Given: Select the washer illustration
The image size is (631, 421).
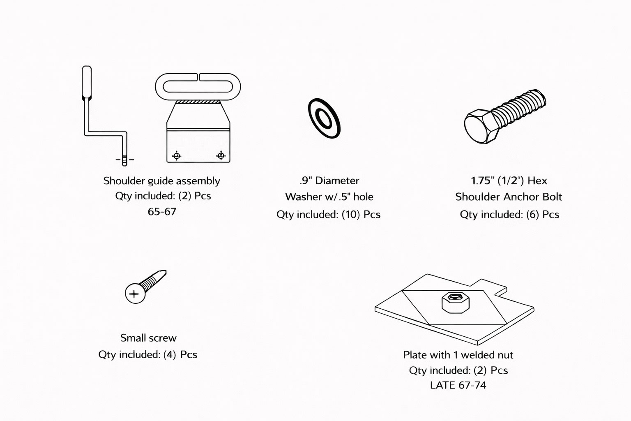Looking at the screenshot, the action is (x=324, y=118).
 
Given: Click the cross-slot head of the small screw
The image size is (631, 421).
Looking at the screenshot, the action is (x=135, y=294).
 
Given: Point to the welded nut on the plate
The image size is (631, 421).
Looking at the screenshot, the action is (x=456, y=302).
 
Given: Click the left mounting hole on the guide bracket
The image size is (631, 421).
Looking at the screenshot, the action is (x=177, y=155).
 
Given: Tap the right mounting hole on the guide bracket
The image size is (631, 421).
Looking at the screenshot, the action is (x=221, y=155).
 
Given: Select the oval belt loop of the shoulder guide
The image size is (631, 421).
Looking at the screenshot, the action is (x=198, y=87).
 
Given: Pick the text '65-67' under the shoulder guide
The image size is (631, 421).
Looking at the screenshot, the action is (x=162, y=212).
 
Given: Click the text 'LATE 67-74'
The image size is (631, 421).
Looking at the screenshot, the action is (x=458, y=385).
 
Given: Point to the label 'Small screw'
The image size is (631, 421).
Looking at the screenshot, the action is (x=148, y=338).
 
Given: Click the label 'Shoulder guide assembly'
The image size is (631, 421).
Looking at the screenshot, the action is (x=162, y=181).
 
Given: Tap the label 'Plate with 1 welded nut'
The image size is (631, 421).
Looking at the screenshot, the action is (x=458, y=355).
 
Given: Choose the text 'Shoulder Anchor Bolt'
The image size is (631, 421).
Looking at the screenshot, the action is (x=509, y=197).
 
